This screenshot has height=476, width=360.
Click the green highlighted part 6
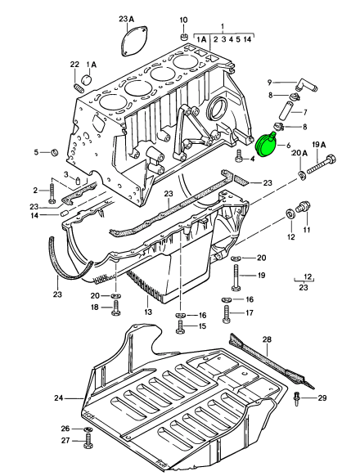(x=267, y=145)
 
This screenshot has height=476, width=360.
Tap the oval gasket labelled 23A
(x=134, y=41)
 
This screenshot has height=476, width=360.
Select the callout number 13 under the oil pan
(x=148, y=312)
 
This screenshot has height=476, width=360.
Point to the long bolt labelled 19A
(x=321, y=165)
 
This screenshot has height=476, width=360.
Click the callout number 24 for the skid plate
(x=59, y=397)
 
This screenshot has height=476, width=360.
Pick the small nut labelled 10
(x=184, y=38)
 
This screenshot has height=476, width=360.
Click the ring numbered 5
(x=54, y=151)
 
